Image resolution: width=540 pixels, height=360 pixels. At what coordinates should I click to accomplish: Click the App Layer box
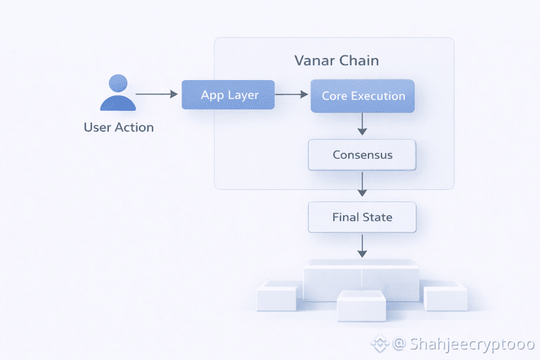(228, 95)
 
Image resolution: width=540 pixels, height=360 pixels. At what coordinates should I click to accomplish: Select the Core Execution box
(363, 96)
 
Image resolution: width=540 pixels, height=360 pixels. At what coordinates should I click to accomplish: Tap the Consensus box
(362, 155)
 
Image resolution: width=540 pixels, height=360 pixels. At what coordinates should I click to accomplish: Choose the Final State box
(362, 217)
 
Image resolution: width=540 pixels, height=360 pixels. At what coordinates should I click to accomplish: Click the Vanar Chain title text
(337, 61)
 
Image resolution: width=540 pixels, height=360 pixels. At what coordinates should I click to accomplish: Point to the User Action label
(119, 128)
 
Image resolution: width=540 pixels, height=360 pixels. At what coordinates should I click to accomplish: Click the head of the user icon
(119, 83)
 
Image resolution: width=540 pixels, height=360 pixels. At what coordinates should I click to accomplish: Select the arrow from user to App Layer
(157, 95)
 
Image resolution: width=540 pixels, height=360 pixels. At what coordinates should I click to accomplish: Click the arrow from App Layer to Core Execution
(292, 95)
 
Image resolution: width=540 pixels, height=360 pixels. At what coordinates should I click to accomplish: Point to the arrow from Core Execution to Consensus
(363, 124)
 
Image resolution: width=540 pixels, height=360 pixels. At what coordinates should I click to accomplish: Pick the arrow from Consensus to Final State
(363, 184)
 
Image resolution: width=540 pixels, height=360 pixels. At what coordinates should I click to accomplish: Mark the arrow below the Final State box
(363, 245)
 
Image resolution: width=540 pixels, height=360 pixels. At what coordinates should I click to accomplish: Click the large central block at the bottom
(361, 277)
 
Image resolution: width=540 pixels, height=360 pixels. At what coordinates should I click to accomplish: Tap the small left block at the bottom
(277, 297)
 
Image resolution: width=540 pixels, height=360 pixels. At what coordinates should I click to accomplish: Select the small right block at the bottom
(446, 297)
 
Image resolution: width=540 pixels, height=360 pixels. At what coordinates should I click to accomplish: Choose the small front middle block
(361, 306)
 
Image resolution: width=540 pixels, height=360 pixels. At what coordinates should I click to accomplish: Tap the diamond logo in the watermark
(380, 344)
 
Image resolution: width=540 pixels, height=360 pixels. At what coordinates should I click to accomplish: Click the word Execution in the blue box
(378, 96)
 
